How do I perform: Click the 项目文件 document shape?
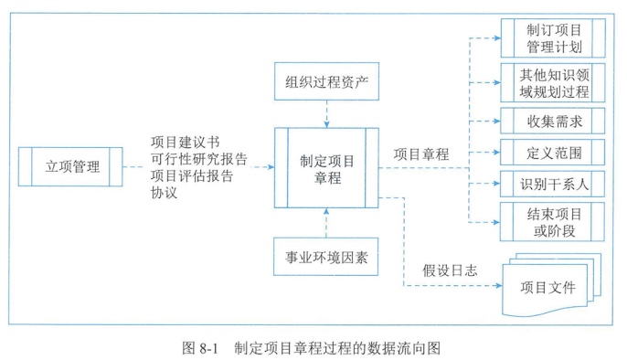tap(548, 287)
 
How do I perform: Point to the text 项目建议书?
tap(186, 143)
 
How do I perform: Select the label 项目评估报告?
tap(192, 176)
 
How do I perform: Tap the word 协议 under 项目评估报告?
tap(165, 194)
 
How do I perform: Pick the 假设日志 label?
tap(449, 270)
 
